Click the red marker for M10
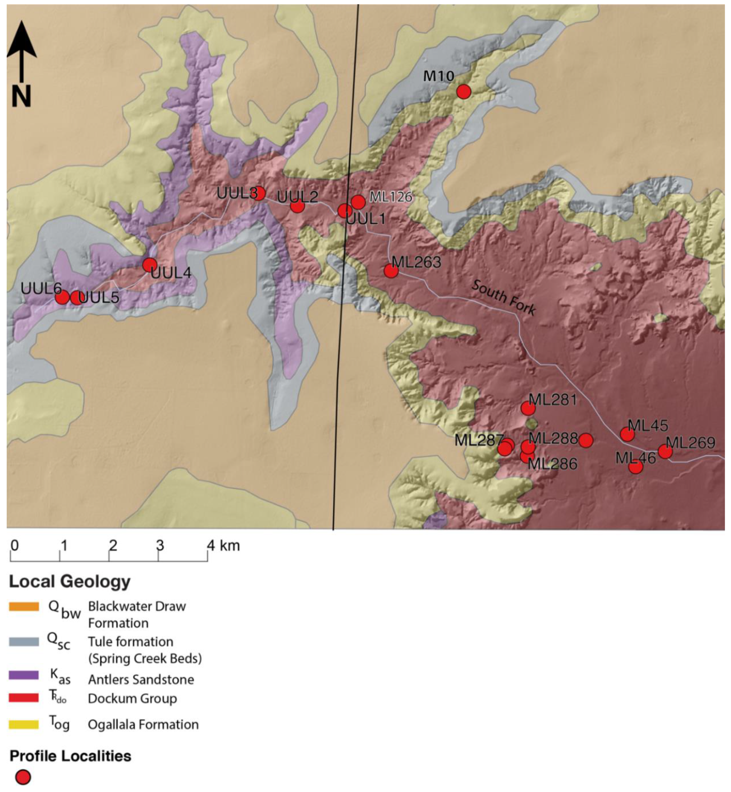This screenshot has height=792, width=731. (464, 91)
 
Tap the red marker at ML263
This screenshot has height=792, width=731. (391, 271)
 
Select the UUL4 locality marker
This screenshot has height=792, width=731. (149, 264)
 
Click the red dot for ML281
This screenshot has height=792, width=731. (528, 408)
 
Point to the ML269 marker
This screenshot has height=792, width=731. (665, 451)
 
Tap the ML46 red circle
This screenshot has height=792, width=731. (635, 467)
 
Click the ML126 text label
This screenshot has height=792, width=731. (391, 197)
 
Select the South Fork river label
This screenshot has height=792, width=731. (503, 297)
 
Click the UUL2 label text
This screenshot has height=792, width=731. (297, 197)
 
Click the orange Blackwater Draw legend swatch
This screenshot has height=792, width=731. (24, 606)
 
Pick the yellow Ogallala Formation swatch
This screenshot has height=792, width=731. (24, 724)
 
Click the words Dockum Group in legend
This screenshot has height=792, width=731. (132, 698)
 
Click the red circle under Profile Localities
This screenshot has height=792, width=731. (23, 777)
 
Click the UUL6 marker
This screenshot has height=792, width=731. (62, 297)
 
